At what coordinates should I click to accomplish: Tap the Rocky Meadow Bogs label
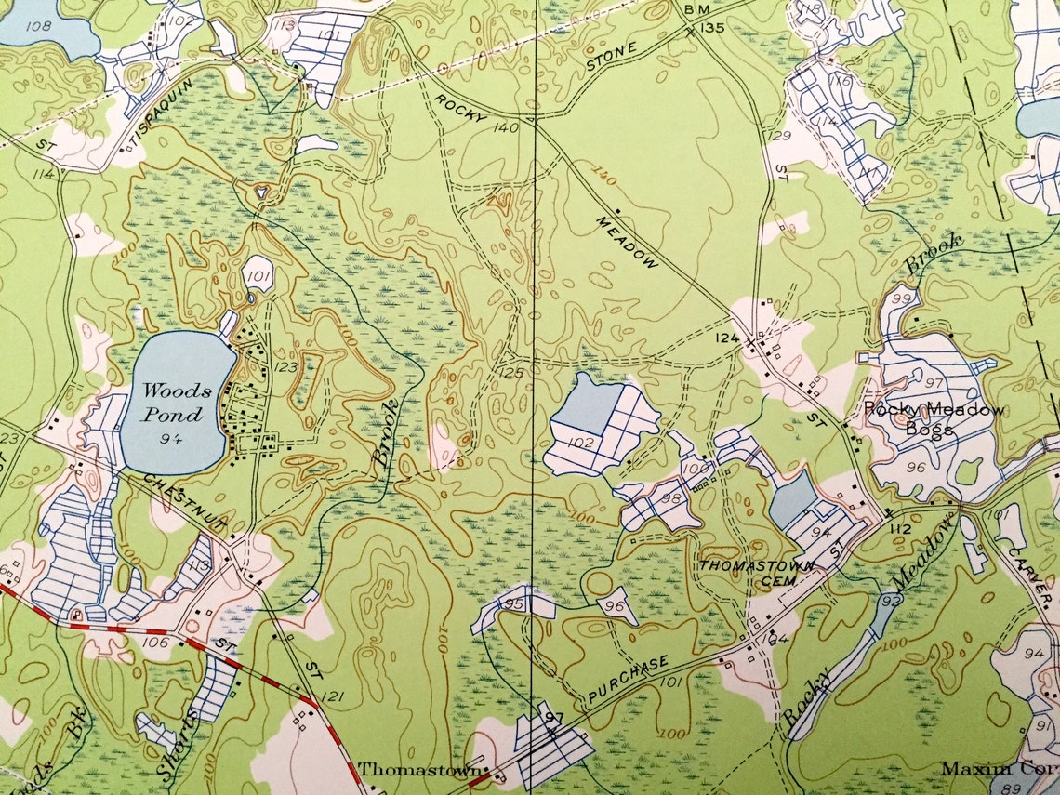[934, 418]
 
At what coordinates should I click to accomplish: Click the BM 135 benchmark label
[704, 18]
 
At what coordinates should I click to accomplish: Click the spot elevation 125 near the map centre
[511, 373]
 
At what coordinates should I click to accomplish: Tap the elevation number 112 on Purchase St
[900, 528]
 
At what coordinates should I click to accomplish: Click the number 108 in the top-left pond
[39, 25]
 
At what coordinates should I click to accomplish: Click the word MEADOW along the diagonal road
[628, 242]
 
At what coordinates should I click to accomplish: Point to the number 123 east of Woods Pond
[285, 367]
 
